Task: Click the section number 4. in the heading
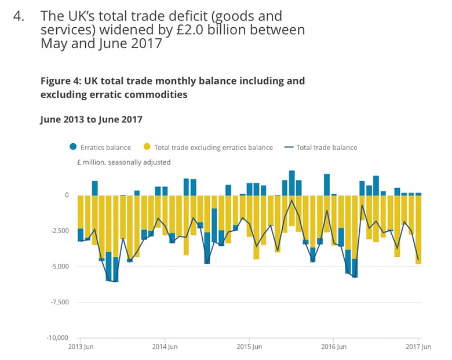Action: point(20,16)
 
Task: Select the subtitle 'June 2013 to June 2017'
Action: point(91,119)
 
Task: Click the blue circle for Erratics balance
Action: point(72,147)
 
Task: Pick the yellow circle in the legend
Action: point(147,147)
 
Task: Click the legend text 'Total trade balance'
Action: point(326,147)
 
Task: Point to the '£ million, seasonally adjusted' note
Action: point(123,162)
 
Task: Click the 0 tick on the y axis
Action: point(66,195)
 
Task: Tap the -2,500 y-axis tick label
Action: point(58,231)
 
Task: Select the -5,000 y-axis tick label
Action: point(58,267)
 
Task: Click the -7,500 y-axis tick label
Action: point(58,302)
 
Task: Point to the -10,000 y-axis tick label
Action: point(56,337)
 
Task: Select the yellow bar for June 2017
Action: point(418,230)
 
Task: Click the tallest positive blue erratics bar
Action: point(292,183)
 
